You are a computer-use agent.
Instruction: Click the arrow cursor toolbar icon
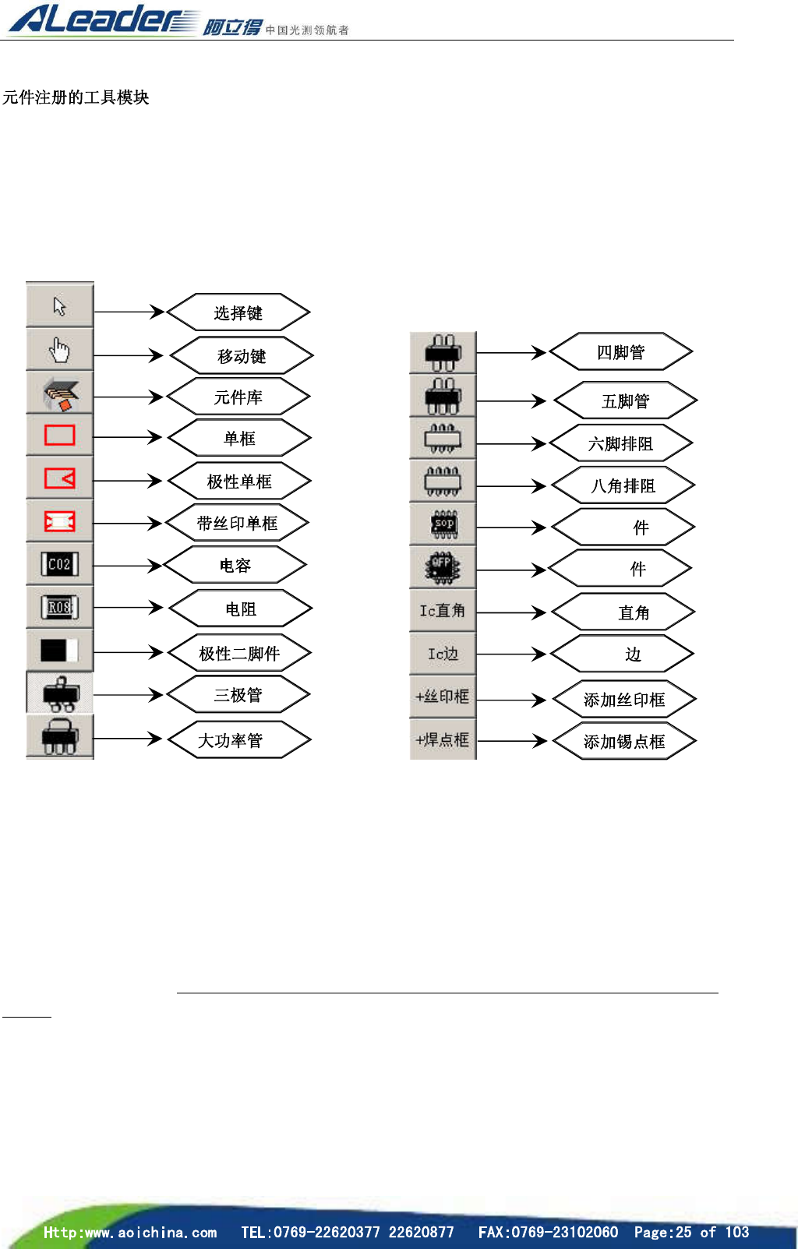pos(60,305)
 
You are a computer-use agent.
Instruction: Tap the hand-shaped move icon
pos(60,350)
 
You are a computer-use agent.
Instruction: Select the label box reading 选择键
pos(238,312)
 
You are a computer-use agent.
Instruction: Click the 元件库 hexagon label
pos(238,397)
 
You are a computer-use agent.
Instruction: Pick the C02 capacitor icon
pos(60,564)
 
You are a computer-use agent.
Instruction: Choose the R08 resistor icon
pos(60,608)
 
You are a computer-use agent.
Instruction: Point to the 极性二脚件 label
pos(239,653)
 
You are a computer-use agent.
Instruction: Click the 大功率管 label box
pos(238,739)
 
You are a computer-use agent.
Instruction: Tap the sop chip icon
pos(443,525)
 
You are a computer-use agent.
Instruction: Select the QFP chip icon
pos(443,567)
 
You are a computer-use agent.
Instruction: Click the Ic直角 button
pos(443,611)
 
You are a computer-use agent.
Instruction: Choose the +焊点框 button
pos(443,739)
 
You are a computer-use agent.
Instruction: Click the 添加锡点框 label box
pos(624,741)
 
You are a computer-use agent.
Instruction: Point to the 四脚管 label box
pos(621,352)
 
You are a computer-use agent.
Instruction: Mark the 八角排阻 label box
pos(623,486)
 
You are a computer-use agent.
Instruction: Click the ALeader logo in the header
pos(101,19)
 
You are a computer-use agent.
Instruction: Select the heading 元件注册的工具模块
pos(76,97)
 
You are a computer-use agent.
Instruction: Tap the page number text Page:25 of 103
pos(691,1232)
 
